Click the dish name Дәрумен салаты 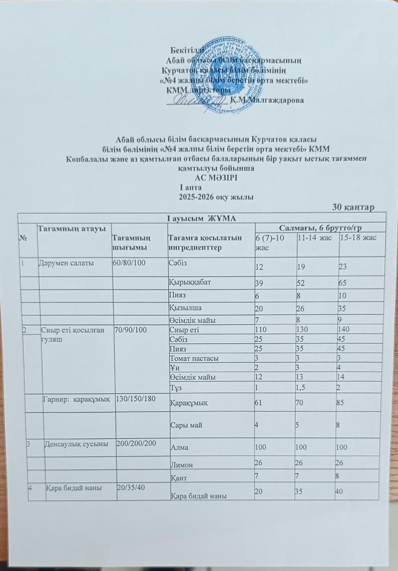click(66, 264)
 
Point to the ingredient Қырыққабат click(190, 282)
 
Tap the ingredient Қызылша click(184, 308)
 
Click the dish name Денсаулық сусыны click(76, 444)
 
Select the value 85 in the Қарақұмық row click(343, 403)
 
